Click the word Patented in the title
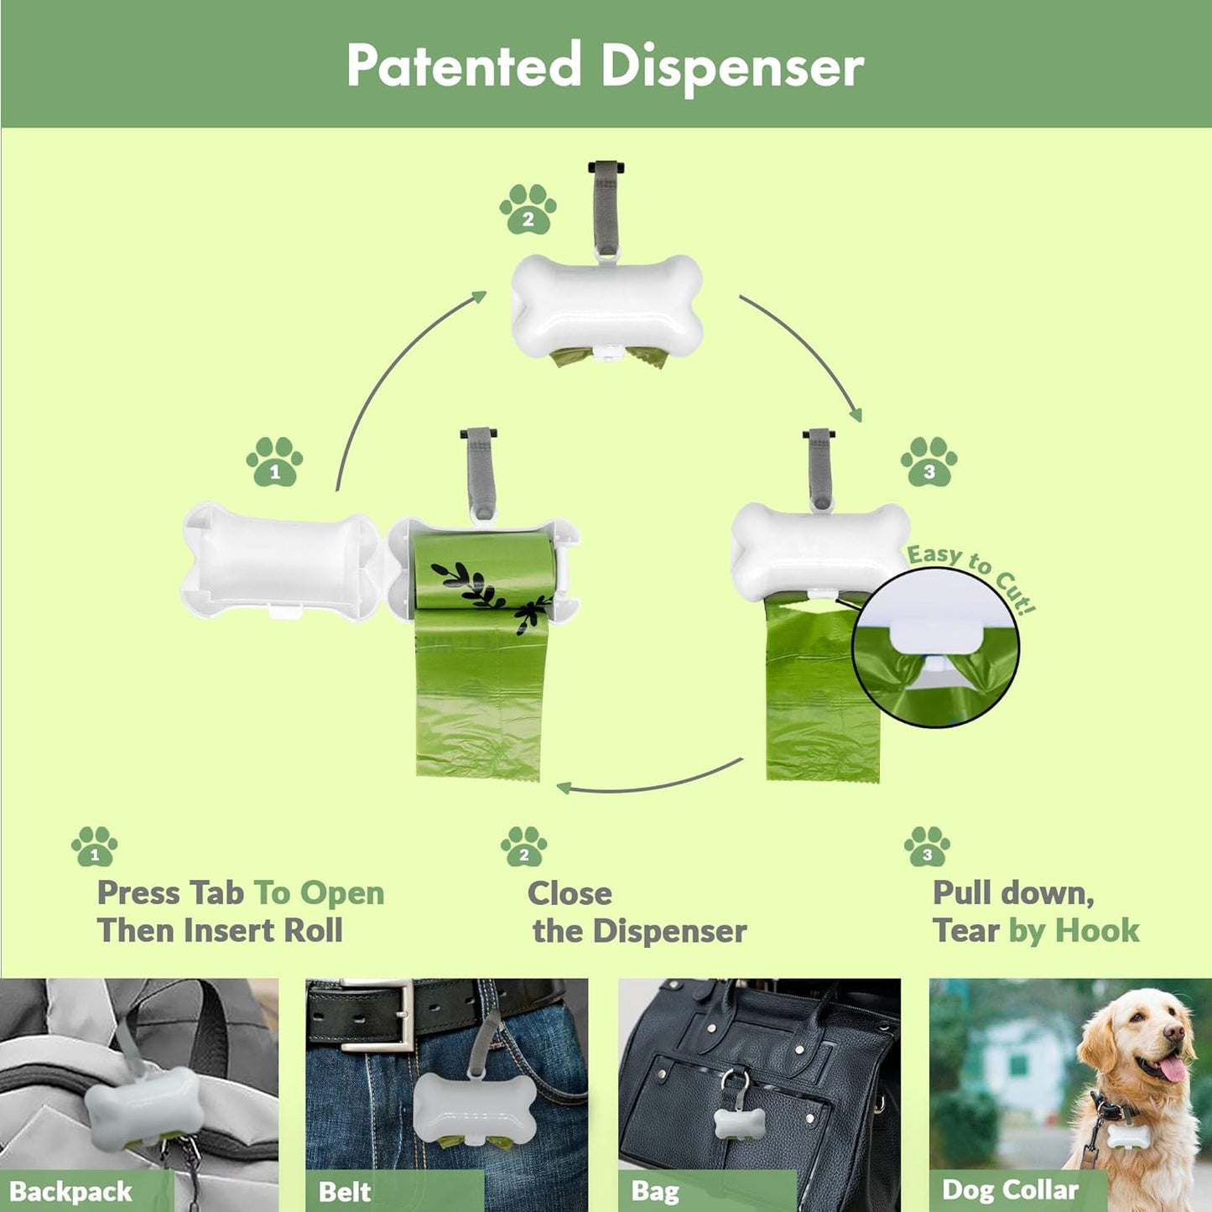point(464,65)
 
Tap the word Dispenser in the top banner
point(732,67)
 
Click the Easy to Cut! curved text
point(972,574)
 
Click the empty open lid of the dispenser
point(281,560)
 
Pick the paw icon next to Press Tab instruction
point(94,846)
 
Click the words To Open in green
point(319,893)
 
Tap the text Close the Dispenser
point(637,913)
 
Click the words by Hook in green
point(1074,930)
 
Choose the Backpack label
point(71,1191)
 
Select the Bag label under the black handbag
point(654,1191)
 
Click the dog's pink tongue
point(1171,1069)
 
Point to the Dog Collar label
point(1010,1189)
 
